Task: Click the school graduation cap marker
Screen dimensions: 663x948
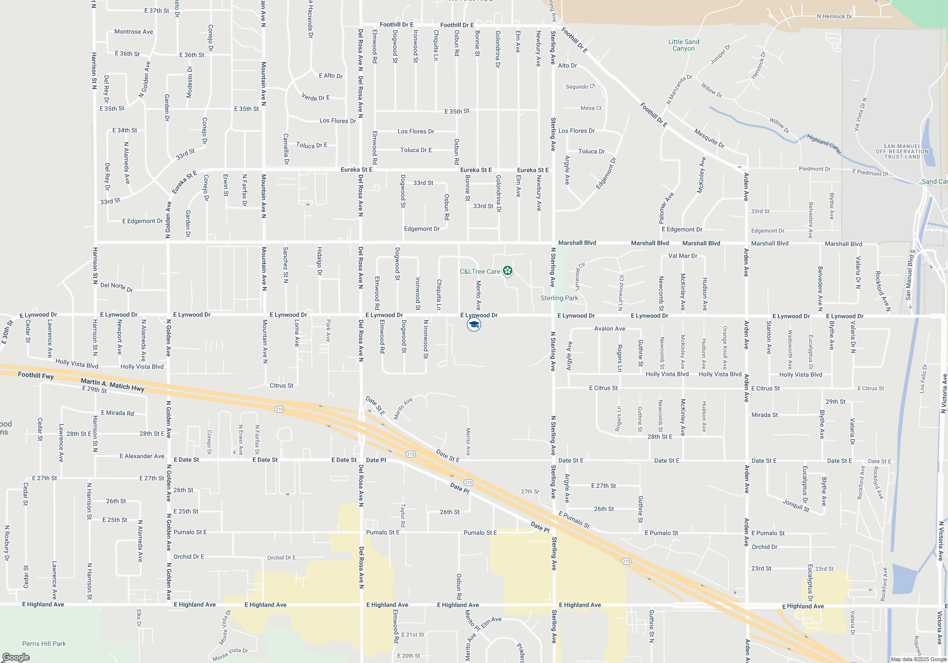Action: coord(474,324)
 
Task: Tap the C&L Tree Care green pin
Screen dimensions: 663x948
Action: coord(508,271)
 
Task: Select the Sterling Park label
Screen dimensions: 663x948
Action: coord(559,298)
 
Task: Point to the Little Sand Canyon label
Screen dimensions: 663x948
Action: coord(684,45)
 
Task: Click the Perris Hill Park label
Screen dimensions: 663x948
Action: coord(44,644)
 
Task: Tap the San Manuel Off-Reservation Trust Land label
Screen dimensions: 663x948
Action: coord(902,152)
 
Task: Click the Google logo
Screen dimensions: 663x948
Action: coord(16,657)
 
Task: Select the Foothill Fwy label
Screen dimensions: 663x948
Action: coord(36,375)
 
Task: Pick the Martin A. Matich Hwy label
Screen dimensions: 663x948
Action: coord(112,385)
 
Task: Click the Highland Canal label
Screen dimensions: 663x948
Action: coord(824,143)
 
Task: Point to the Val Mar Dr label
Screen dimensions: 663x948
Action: coord(683,256)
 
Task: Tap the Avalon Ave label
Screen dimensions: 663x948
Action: coord(610,328)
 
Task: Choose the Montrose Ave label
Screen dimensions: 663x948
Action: coord(134,32)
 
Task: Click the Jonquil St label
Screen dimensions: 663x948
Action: coord(796,505)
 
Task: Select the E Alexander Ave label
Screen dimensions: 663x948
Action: coord(142,456)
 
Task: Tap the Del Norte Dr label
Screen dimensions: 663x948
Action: coord(117,287)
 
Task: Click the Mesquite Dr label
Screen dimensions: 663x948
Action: coord(709,138)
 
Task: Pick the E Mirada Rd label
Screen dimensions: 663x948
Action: coord(117,413)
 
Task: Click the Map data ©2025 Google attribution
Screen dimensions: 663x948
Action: coord(919,659)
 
